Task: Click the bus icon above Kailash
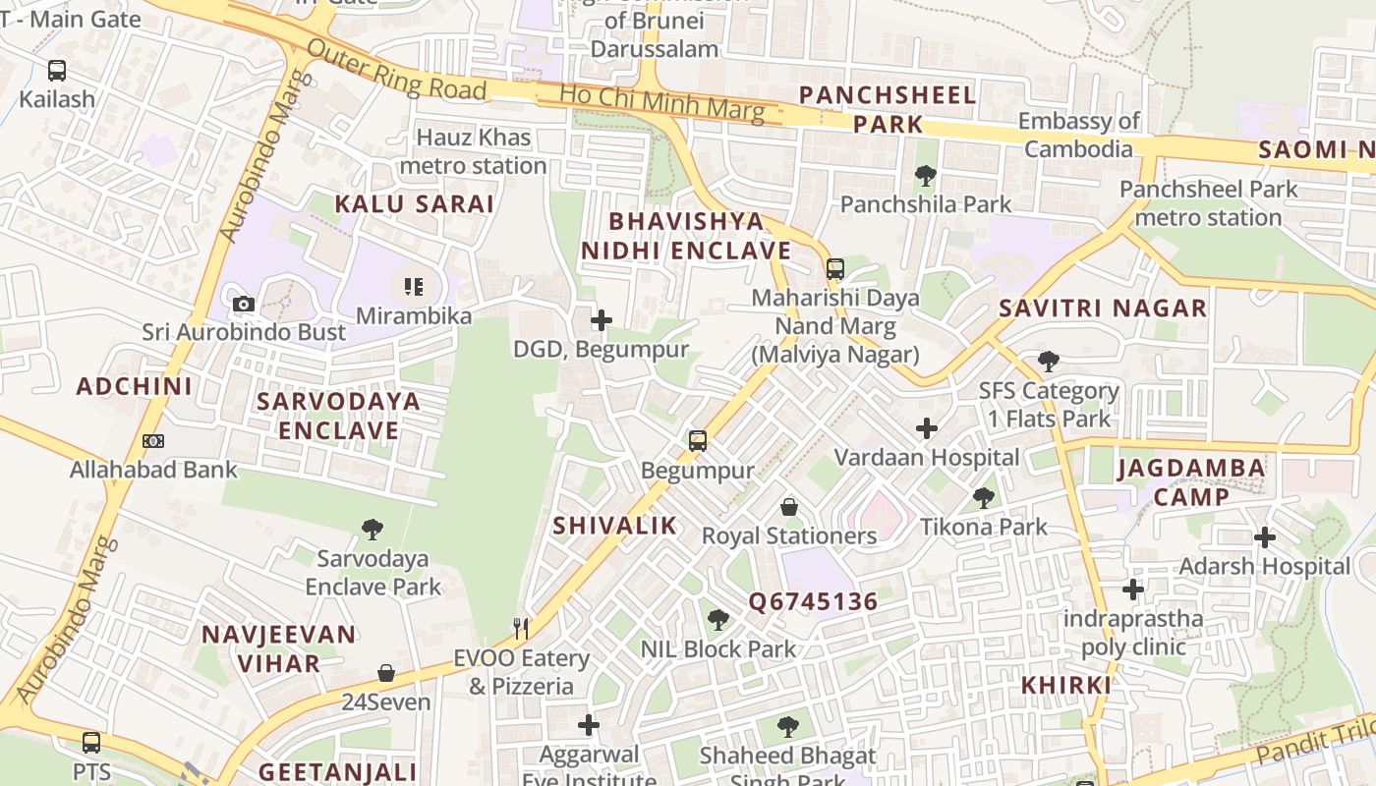pyautogui.click(x=57, y=71)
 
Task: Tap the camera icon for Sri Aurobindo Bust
pyautogui.click(x=244, y=305)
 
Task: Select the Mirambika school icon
pyautogui.click(x=413, y=287)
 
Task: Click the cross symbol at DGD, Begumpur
pyautogui.click(x=602, y=320)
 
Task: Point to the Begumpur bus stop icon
pyautogui.click(x=698, y=441)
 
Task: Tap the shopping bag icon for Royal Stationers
pyautogui.click(x=788, y=507)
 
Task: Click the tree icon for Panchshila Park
pyautogui.click(x=925, y=176)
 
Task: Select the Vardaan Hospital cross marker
pyautogui.click(x=926, y=428)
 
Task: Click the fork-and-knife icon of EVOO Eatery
pyautogui.click(x=521, y=629)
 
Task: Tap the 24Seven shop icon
pyautogui.click(x=386, y=673)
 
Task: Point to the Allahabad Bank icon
pyautogui.click(x=152, y=441)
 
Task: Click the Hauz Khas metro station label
pyautogui.click(x=473, y=151)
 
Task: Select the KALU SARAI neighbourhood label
pyautogui.click(x=414, y=204)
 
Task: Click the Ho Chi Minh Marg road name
pyautogui.click(x=661, y=102)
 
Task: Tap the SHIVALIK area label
pyautogui.click(x=614, y=526)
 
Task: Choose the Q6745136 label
pyautogui.click(x=813, y=601)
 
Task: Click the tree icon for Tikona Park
pyautogui.click(x=983, y=498)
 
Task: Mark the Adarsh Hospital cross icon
pyautogui.click(x=1265, y=537)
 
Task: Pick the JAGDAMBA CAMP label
pyautogui.click(x=1191, y=481)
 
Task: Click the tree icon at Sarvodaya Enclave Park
pyautogui.click(x=373, y=530)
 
